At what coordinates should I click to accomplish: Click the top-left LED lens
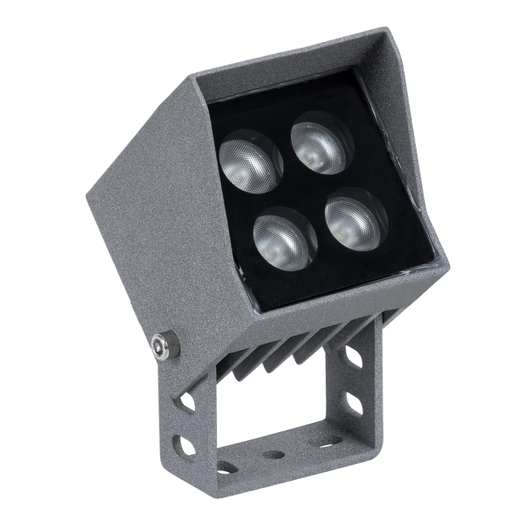[x=250, y=158]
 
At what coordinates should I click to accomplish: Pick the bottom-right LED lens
[x=355, y=214]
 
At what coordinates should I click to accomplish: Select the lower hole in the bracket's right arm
[x=355, y=404]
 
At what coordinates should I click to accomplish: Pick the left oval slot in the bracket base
[x=227, y=467]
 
